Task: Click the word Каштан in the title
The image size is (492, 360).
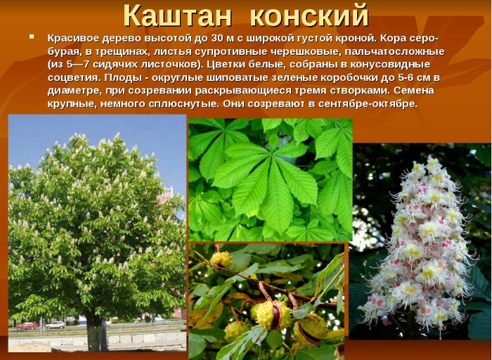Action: (x=178, y=15)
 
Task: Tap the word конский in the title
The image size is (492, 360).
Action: (x=309, y=15)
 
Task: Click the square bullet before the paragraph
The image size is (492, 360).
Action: (x=32, y=37)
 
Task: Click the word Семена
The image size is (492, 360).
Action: (x=414, y=91)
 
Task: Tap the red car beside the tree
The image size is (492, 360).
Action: (x=27, y=326)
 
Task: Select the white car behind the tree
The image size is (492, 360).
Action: (x=55, y=325)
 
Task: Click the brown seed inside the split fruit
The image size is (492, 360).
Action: (x=276, y=316)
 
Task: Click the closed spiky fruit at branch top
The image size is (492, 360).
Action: (x=221, y=259)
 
